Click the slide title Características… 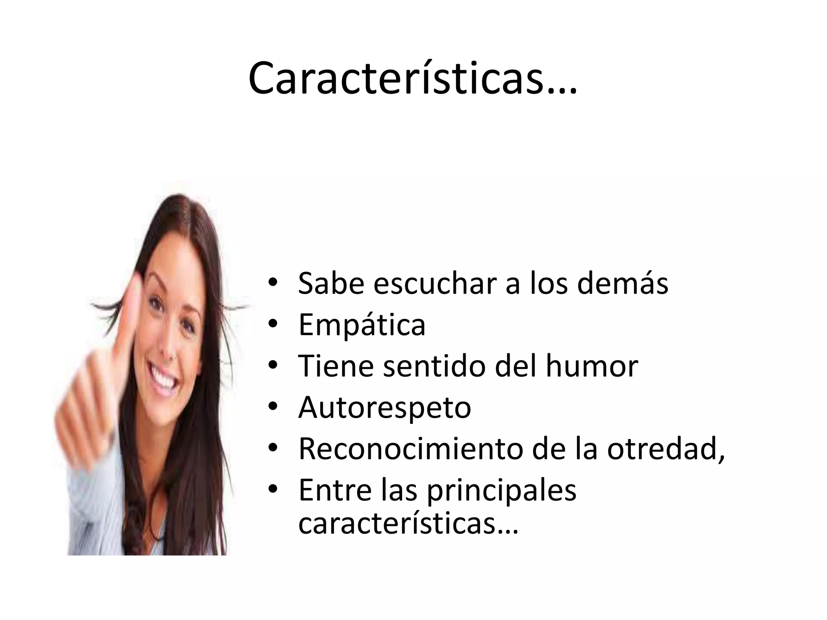413,78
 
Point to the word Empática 362,325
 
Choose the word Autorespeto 384,408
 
